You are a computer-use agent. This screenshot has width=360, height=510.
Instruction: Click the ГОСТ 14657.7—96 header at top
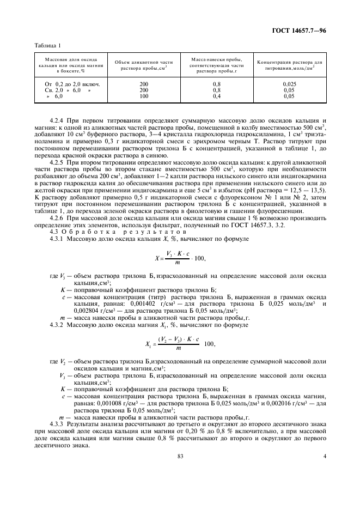pyautogui.click(x=298, y=30)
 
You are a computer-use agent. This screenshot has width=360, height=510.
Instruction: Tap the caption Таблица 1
pyautogui.click(x=47, y=46)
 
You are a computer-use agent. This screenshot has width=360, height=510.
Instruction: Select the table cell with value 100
pyautogui.click(x=144, y=96)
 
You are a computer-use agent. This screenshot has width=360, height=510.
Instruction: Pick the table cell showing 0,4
pyautogui.click(x=217, y=96)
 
